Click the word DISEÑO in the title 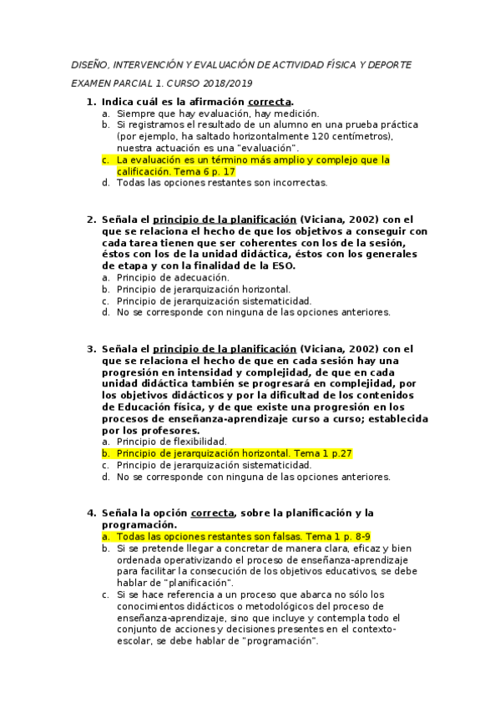click(87, 64)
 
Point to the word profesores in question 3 click(166, 430)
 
